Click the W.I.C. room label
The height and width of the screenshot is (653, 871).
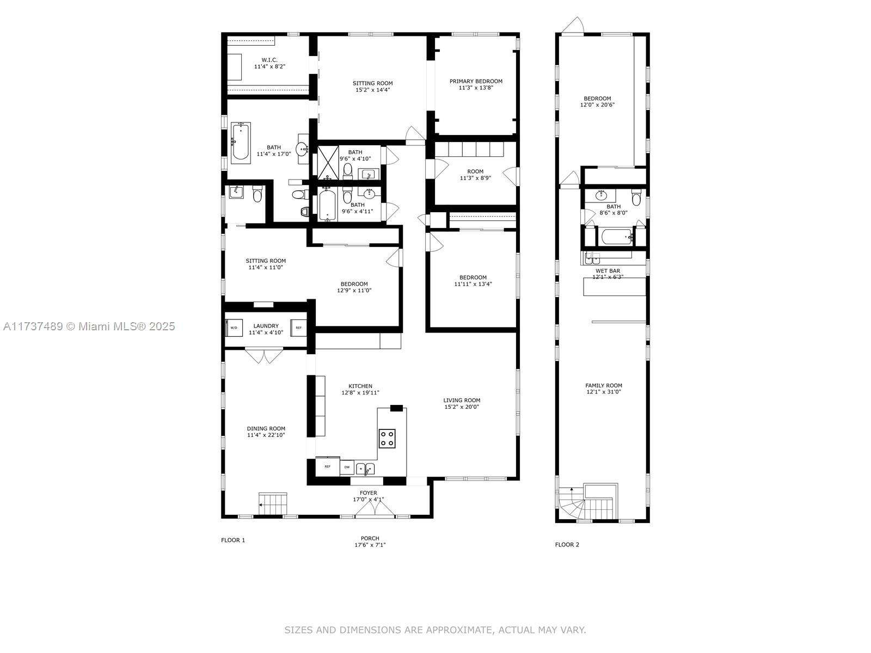(269, 60)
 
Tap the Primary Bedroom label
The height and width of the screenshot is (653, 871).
(476, 81)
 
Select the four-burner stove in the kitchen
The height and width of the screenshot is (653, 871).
(387, 439)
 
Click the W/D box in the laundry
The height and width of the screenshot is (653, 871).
(234, 328)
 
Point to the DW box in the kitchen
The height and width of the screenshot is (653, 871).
(347, 467)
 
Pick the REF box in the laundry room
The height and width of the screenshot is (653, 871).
(298, 328)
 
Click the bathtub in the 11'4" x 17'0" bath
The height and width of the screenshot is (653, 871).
(241, 143)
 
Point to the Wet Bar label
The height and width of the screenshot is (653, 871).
(608, 271)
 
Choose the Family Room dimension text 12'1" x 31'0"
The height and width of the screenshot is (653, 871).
(604, 392)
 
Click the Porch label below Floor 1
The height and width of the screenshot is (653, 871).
(370, 538)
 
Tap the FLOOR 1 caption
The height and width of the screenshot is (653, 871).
(233, 540)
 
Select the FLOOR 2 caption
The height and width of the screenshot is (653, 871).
(567, 545)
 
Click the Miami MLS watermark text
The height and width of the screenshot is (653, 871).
(89, 326)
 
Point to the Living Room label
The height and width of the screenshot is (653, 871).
(462, 400)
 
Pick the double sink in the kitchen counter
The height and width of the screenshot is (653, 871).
(365, 469)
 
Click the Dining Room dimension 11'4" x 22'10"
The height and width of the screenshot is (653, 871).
(266, 435)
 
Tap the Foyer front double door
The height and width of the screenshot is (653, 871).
(375, 509)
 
